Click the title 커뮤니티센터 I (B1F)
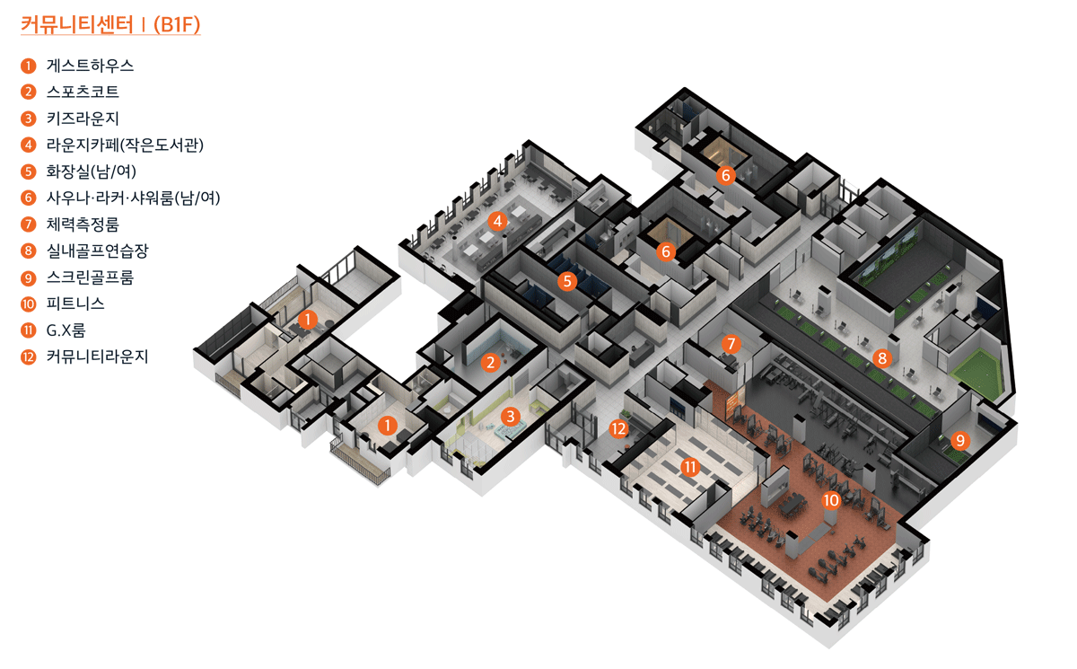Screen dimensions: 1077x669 pos(110,25)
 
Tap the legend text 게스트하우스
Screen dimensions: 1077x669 pos(90,66)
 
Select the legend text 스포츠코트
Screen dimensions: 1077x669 pos(83,92)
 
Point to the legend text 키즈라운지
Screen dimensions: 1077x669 pos(83,119)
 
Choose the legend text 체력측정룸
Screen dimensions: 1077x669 pos(83,224)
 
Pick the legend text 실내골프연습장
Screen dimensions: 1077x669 pos(97,251)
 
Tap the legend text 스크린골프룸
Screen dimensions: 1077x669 pos(90,277)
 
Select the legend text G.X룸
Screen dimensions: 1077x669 pos(66,330)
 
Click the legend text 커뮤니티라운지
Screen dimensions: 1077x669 pos(97,357)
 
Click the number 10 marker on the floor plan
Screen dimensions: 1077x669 pos(831,499)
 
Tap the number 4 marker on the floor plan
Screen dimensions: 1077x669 pos(496,219)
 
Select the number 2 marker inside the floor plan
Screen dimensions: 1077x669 pos(490,363)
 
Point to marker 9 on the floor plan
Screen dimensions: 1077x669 pos(960,440)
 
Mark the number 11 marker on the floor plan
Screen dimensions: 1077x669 pos(689,466)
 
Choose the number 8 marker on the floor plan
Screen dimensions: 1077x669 pos(882,358)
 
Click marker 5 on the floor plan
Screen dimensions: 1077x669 pos(566,281)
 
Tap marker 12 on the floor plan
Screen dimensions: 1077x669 pos(618,428)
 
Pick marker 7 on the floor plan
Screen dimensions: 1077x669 pos(731,343)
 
